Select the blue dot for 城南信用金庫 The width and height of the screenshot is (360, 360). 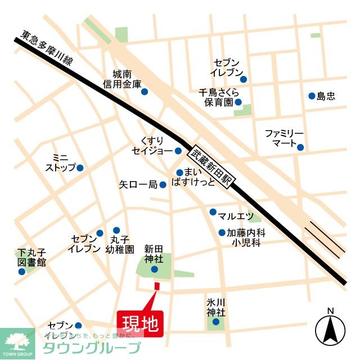click(x=145, y=92)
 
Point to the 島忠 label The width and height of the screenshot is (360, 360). click(x=326, y=96)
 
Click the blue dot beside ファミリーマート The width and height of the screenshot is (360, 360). click(x=300, y=147)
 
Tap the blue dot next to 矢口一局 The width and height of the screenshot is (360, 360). click(x=163, y=184)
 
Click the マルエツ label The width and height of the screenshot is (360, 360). click(x=236, y=216)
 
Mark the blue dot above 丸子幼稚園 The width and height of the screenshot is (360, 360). click(x=116, y=230)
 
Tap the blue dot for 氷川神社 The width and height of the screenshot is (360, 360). click(x=215, y=322)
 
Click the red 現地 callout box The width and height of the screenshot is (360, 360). click(x=140, y=324)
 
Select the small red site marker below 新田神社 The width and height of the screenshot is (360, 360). click(x=156, y=286)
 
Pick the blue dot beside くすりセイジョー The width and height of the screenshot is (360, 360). click(x=178, y=151)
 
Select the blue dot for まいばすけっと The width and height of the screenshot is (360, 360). click(x=179, y=173)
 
